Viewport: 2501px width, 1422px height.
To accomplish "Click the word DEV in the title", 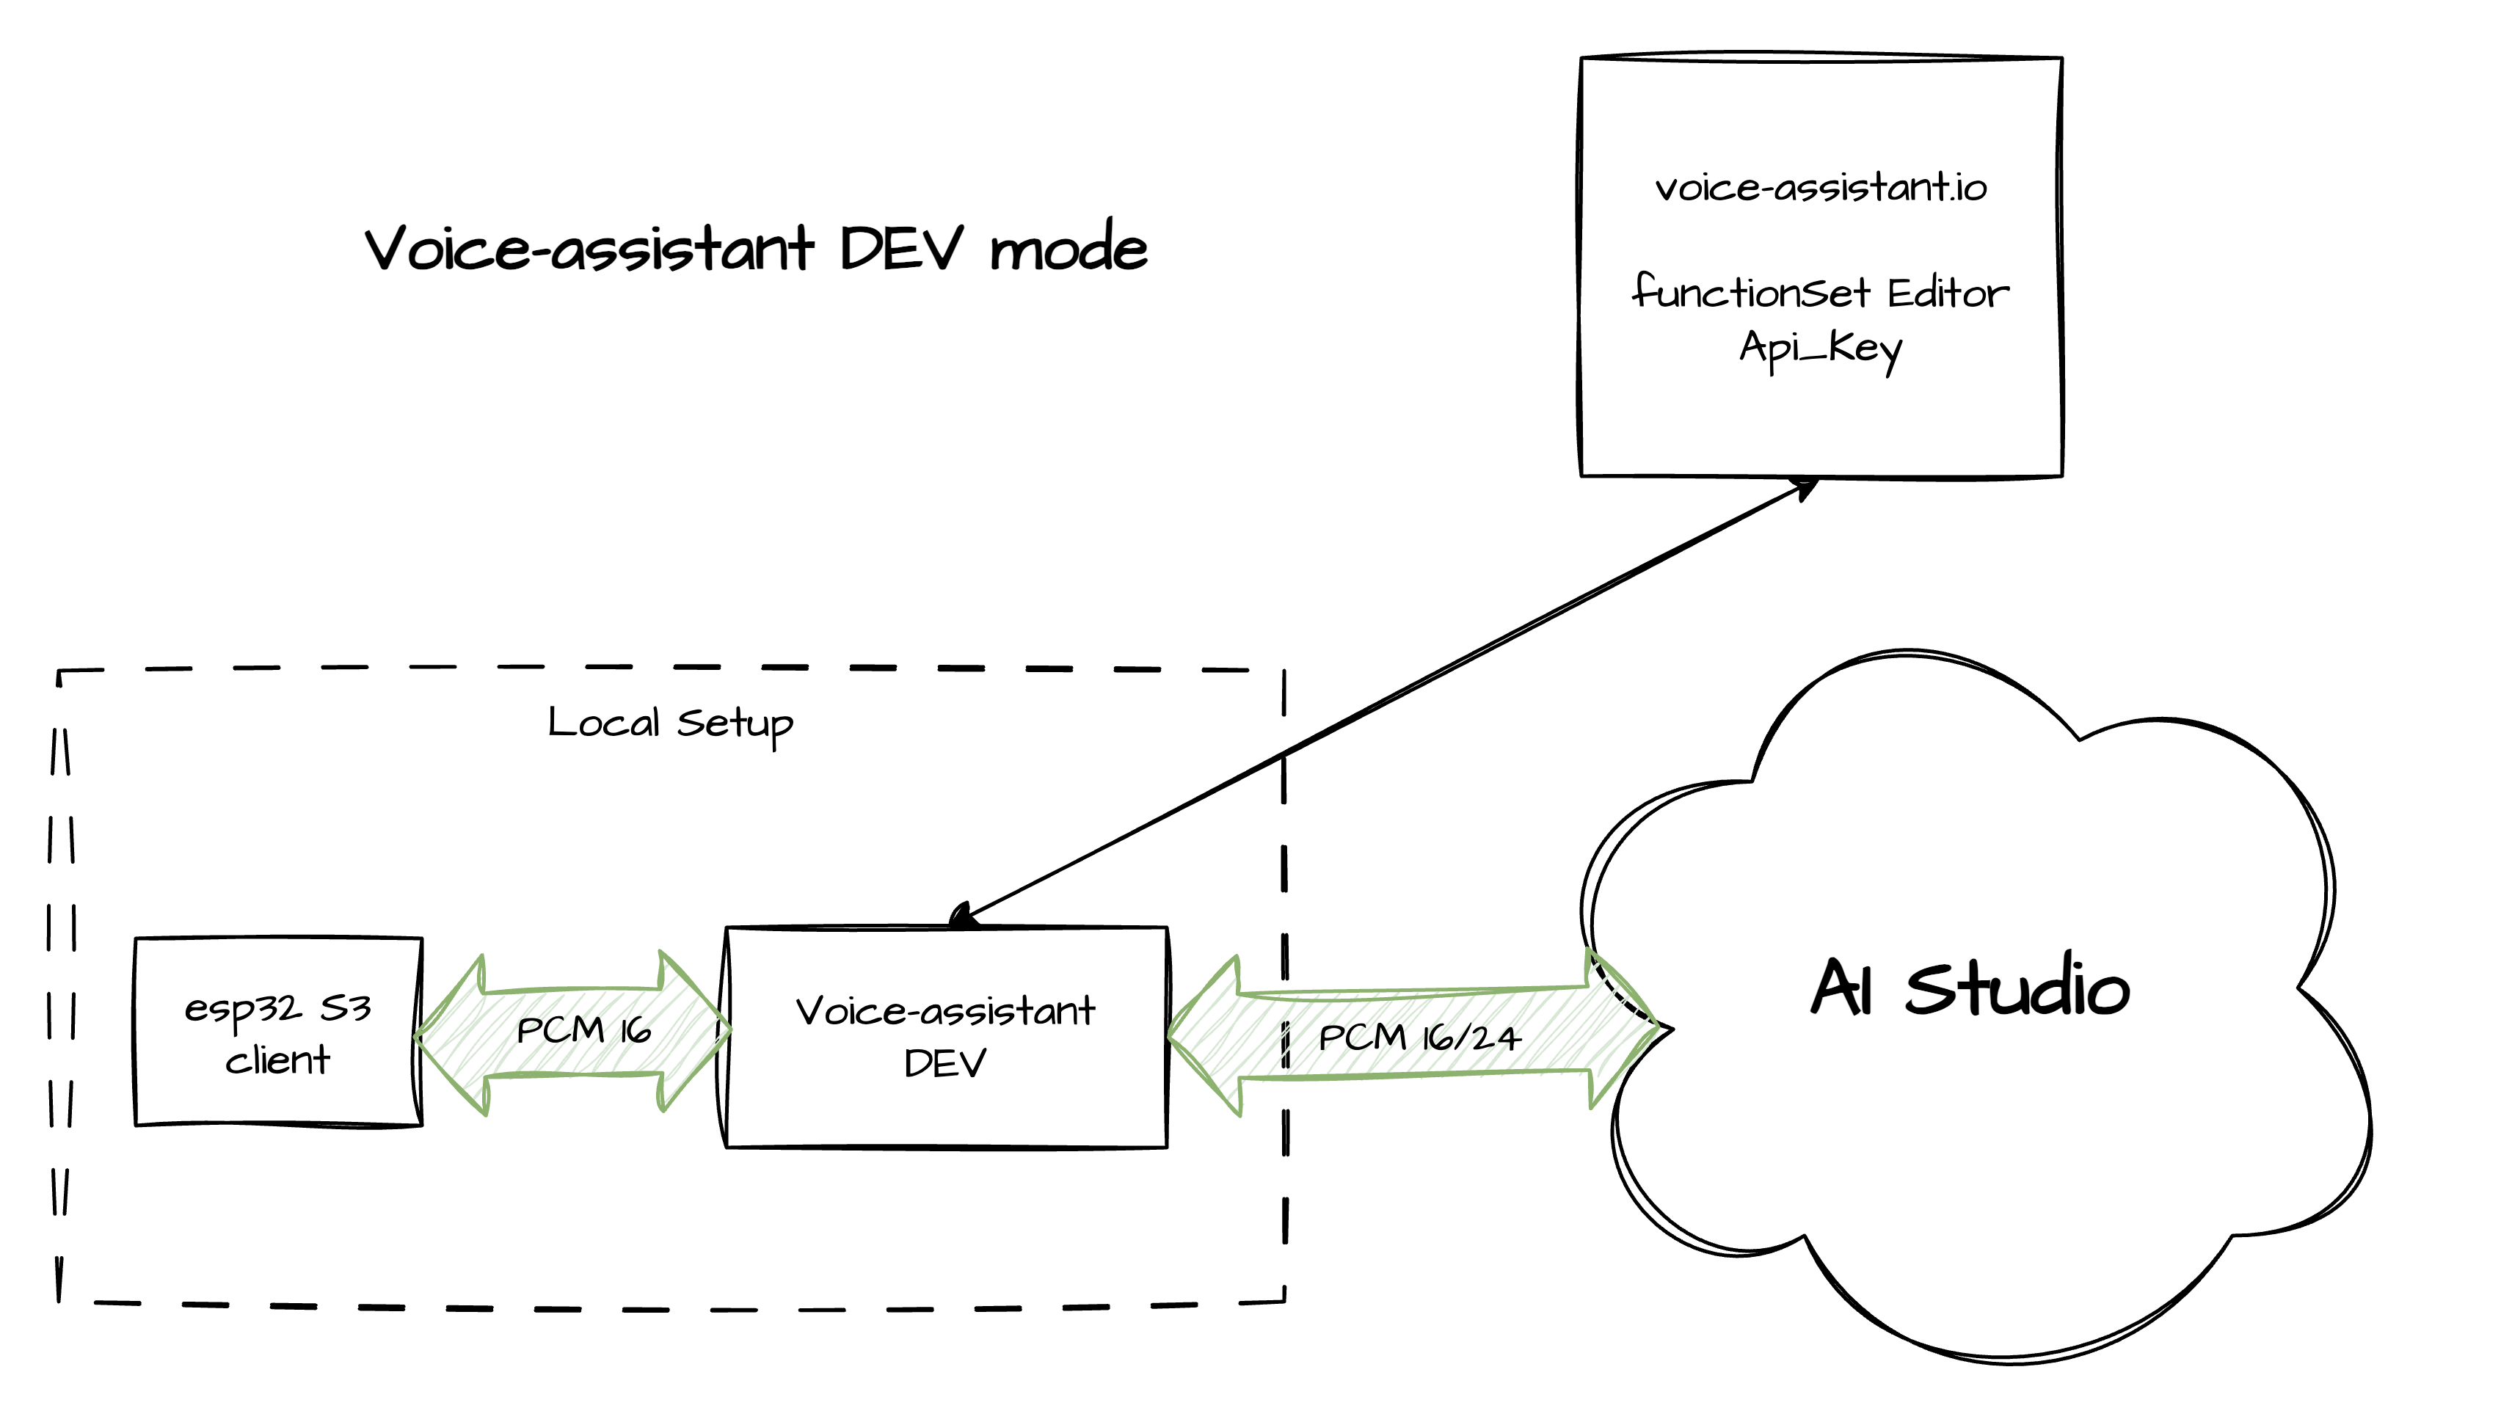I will [x=900, y=248].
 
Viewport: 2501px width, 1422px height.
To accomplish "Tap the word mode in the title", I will [x=1069, y=248].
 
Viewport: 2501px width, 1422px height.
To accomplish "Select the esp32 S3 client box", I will [x=278, y=1032].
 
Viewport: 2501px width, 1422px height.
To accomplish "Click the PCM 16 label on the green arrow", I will [x=583, y=1030].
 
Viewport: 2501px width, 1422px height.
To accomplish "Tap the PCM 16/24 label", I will [x=1419, y=1038].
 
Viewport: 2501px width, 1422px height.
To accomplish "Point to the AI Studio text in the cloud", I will [x=1970, y=988].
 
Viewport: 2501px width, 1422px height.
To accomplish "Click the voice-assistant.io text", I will [x=1820, y=188].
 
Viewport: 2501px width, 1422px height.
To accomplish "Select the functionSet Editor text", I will [x=1820, y=292].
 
